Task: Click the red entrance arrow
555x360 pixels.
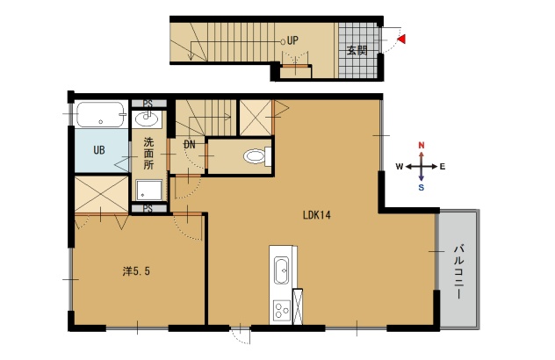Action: [401, 40]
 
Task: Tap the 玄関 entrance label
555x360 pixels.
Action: [357, 51]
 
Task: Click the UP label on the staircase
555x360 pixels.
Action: [292, 40]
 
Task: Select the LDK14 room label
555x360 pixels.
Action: [317, 215]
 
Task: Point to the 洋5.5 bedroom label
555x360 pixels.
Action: [136, 271]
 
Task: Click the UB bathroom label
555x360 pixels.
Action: [99, 150]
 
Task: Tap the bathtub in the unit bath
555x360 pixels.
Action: [101, 114]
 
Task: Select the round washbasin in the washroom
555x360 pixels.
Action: [147, 119]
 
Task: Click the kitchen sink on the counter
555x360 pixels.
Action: [282, 270]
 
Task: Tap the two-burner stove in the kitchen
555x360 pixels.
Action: [282, 311]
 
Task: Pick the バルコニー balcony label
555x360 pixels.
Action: [459, 272]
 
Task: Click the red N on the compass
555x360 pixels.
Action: [422, 145]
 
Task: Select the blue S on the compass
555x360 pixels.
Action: [422, 188]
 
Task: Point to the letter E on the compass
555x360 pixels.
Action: [443, 166]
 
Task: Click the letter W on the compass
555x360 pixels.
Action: [400, 166]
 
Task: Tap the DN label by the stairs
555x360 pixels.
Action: [190, 144]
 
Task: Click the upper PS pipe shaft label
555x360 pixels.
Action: [148, 104]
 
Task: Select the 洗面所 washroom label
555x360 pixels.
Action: [148, 154]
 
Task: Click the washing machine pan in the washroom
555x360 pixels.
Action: [149, 190]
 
